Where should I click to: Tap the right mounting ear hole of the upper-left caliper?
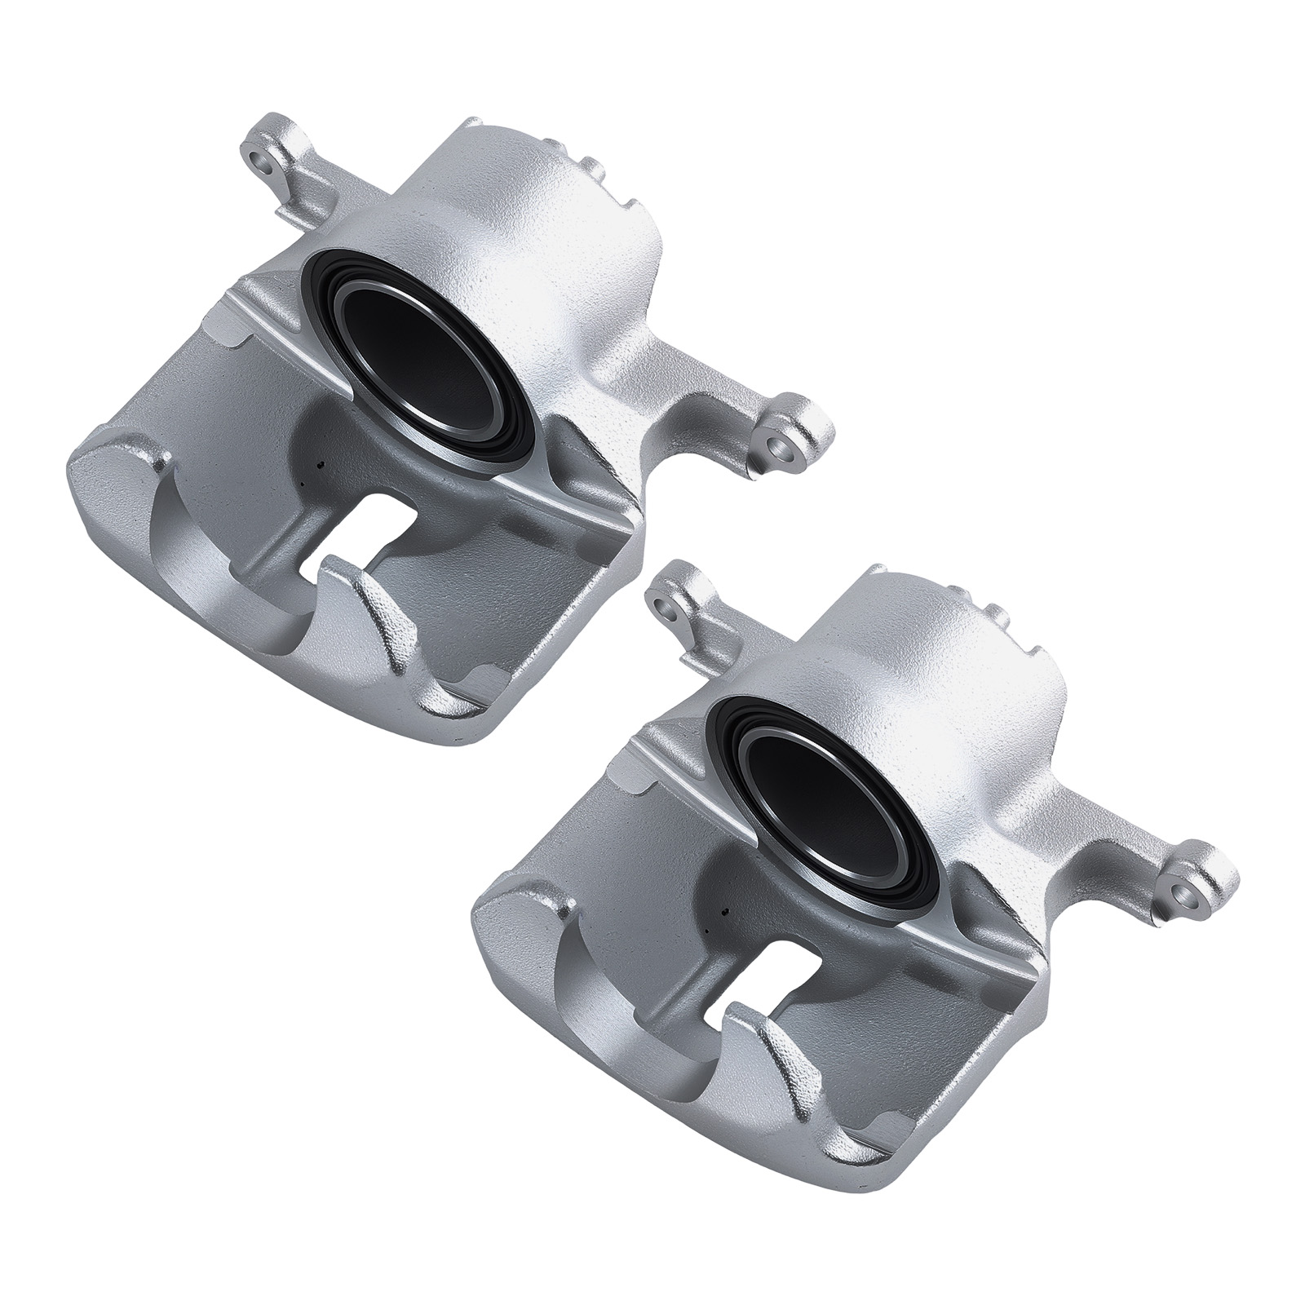[784, 448]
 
